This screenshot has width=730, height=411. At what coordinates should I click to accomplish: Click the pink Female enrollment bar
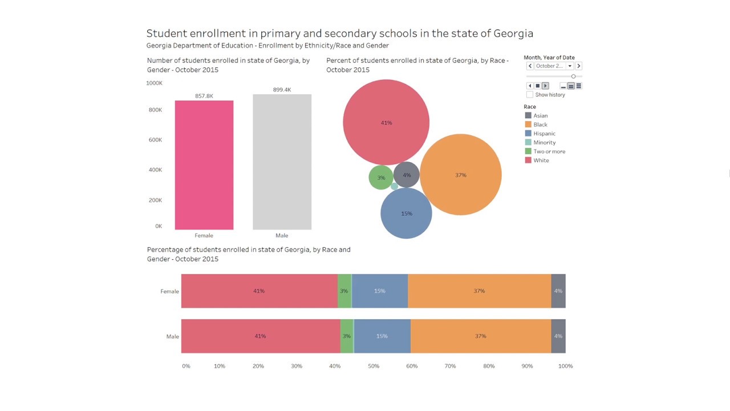pyautogui.click(x=204, y=166)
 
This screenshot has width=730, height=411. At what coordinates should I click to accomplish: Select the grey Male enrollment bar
pyautogui.click(x=282, y=163)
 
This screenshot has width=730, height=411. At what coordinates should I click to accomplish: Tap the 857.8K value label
pyautogui.click(x=204, y=96)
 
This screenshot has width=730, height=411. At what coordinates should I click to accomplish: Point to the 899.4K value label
pyautogui.click(x=282, y=90)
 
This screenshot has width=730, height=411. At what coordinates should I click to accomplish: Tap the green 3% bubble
pyautogui.click(x=380, y=178)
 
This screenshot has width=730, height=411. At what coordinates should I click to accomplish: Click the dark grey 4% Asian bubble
pyautogui.click(x=407, y=175)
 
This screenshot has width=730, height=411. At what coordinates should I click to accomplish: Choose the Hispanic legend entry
pyautogui.click(x=544, y=134)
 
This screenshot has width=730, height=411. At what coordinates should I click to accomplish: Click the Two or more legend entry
pyautogui.click(x=549, y=151)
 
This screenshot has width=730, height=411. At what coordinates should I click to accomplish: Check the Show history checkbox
pyautogui.click(x=530, y=95)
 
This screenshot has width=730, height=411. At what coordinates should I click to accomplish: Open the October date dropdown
pyautogui.click(x=569, y=66)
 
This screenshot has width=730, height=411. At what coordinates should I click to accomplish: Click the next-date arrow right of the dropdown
pyautogui.click(x=578, y=66)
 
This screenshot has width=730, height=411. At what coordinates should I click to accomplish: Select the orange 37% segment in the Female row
pyautogui.click(x=479, y=291)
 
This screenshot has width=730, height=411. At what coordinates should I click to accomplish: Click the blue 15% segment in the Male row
pyautogui.click(x=382, y=336)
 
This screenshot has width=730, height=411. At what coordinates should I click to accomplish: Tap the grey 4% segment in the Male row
pyautogui.click(x=558, y=336)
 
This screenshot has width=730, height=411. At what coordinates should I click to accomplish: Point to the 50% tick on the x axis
pyautogui.click(x=374, y=366)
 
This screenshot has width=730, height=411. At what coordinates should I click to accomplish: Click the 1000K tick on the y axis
pyautogui.click(x=154, y=83)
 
